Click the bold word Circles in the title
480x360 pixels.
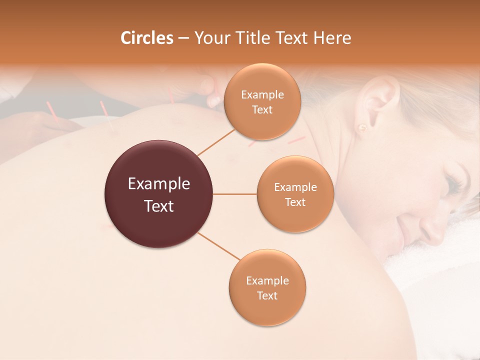point(146,38)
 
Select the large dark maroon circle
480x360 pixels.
point(159,194)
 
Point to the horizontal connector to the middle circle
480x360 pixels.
point(235,194)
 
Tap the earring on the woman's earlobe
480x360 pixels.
point(361,127)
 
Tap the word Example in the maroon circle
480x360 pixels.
point(159,184)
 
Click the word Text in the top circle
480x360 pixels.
point(262,110)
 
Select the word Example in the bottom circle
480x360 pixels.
point(267,280)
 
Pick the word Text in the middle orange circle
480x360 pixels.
point(295,202)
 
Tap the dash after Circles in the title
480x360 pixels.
point(183,38)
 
